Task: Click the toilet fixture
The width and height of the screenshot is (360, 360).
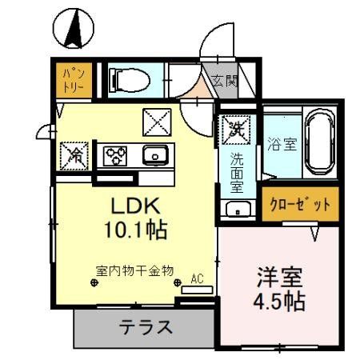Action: (129, 79)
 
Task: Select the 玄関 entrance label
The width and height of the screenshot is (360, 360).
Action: (226, 81)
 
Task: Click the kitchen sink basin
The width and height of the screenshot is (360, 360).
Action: (152, 154)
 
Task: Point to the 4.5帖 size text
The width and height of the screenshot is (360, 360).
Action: (280, 303)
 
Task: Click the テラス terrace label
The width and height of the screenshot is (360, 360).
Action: (146, 327)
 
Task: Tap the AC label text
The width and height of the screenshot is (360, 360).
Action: (197, 280)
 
